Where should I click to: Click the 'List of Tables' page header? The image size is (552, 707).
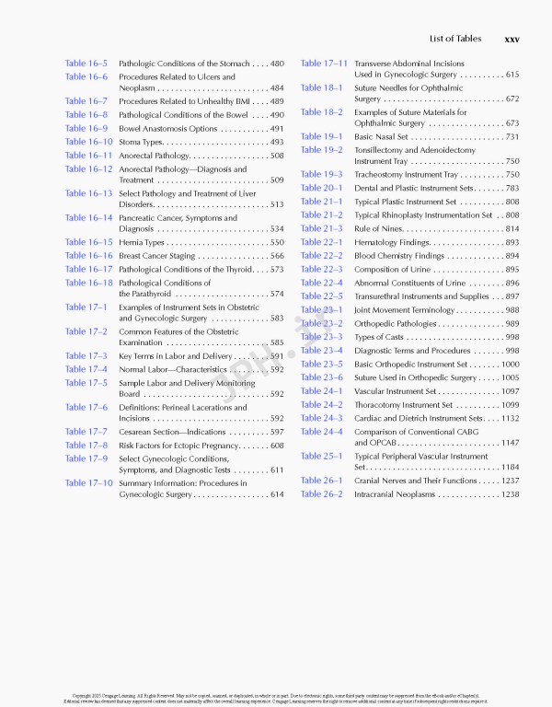pyautogui.click(x=454, y=39)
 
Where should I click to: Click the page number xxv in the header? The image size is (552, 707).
pyautogui.click(x=512, y=39)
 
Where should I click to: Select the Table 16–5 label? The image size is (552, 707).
pyautogui.click(x=86, y=63)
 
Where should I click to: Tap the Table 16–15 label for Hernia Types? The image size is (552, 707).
pyautogui.click(x=88, y=242)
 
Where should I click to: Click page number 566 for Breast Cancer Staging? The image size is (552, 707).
pyautogui.click(x=277, y=256)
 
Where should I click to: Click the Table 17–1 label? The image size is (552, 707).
pyautogui.click(x=86, y=307)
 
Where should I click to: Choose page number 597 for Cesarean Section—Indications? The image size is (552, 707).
pyautogui.click(x=277, y=432)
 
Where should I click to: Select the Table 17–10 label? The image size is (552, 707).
pyautogui.click(x=88, y=482)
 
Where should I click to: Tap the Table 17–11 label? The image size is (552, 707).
pyautogui.click(x=324, y=63)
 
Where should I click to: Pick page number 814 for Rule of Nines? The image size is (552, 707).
pyautogui.click(x=512, y=228)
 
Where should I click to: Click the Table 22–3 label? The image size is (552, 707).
pyautogui.click(x=321, y=269)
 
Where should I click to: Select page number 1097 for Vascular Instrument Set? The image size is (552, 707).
pyautogui.click(x=510, y=391)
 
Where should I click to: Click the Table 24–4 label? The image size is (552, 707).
pyautogui.click(x=321, y=432)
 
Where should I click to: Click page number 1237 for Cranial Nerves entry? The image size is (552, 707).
pyautogui.click(x=510, y=481)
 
